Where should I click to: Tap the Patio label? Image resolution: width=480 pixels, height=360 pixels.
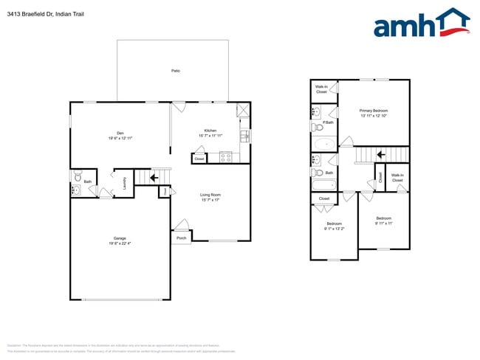(x=176, y=71)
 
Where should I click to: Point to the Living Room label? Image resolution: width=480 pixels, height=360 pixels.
(x=210, y=196)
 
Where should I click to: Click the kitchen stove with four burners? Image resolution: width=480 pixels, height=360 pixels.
(x=227, y=156)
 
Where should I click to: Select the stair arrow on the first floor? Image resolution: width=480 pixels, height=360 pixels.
(x=155, y=177)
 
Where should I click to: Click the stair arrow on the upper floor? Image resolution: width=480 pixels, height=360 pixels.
(x=380, y=154)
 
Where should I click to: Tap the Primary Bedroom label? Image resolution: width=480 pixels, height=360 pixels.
(x=373, y=113)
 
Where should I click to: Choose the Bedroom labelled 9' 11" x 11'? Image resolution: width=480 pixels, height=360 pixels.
(x=383, y=221)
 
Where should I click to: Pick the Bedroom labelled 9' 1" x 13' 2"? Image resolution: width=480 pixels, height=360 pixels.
(x=334, y=226)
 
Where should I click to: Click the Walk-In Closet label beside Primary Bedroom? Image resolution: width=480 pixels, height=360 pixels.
(x=322, y=89)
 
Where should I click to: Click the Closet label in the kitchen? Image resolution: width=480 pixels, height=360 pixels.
(x=199, y=159)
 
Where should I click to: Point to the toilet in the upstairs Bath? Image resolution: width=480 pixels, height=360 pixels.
(x=316, y=160)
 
